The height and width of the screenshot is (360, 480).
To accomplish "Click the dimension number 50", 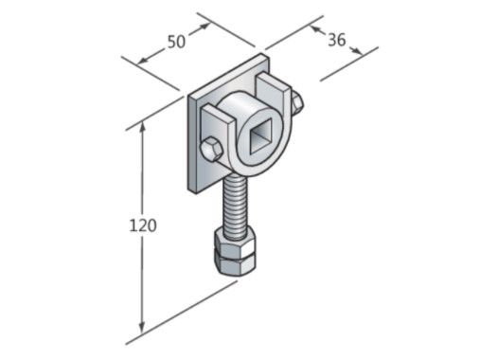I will [x=175, y=42].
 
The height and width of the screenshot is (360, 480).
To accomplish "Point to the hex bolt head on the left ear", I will [x=212, y=149].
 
